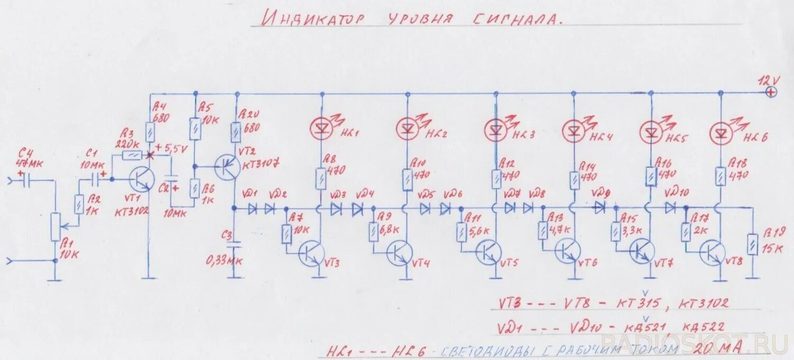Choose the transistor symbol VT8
pos(712,253)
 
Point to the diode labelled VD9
pos(599,208)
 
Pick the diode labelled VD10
pos(671,208)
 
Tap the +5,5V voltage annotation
pos(172,149)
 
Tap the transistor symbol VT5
pos(488,253)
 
